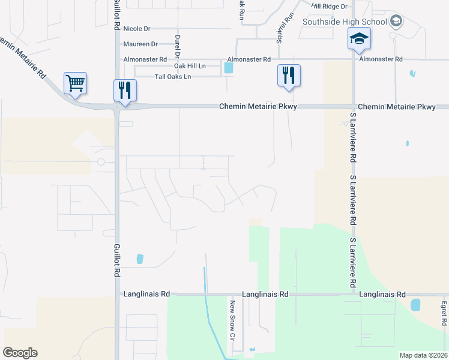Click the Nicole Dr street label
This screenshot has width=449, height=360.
[x=136, y=28]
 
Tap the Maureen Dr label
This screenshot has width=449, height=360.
[x=140, y=44]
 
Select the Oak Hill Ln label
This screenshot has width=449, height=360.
[x=190, y=65]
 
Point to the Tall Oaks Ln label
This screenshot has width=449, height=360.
[x=173, y=77]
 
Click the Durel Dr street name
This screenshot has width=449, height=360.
[x=178, y=46]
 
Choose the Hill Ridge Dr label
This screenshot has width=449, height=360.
[x=330, y=6]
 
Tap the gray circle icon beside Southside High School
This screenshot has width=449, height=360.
[x=396, y=22]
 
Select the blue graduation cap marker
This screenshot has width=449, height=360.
[x=359, y=40]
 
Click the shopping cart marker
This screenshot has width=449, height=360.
[x=76, y=83]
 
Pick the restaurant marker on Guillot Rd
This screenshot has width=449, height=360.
[x=125, y=90]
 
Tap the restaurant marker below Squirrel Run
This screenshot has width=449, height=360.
[x=289, y=75]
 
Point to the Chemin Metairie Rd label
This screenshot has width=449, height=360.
[x=23, y=59]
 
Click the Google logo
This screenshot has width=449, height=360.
[x=20, y=353]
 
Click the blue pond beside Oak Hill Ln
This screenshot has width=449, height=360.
[x=228, y=68]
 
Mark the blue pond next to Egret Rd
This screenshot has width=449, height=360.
[x=415, y=305]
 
